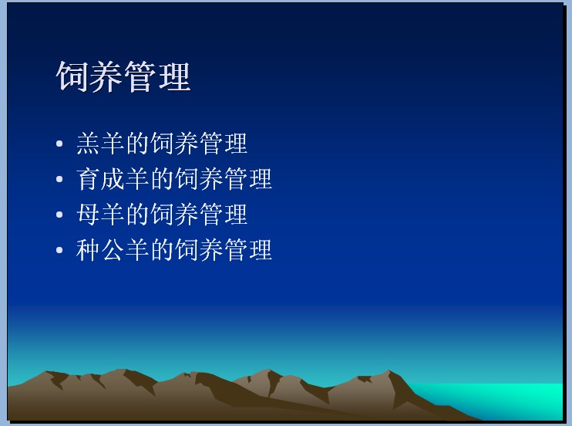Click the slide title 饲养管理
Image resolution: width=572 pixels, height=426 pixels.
(x=123, y=76)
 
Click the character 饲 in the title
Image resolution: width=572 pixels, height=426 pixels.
(x=72, y=76)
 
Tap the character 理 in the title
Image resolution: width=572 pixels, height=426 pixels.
(x=175, y=76)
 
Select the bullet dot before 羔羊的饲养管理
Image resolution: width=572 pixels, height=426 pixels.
(x=59, y=144)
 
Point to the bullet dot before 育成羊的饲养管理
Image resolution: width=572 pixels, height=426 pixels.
(x=59, y=179)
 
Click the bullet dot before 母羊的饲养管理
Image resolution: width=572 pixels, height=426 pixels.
(x=59, y=215)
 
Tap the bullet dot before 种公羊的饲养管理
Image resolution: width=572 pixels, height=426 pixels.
(x=59, y=250)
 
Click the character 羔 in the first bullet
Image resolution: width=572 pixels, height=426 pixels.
(x=88, y=144)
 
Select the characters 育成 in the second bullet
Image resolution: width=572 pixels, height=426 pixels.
(x=101, y=179)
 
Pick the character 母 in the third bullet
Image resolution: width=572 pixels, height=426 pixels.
(x=88, y=215)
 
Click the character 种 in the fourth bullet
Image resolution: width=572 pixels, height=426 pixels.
(x=88, y=250)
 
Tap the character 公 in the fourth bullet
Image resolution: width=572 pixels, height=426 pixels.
(x=113, y=250)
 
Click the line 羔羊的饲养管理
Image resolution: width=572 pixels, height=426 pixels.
(x=162, y=144)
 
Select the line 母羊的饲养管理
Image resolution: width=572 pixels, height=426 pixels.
(x=162, y=215)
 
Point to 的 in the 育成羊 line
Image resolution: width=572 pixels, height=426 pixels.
(x=163, y=179)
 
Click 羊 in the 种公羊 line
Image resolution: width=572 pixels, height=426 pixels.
(x=137, y=250)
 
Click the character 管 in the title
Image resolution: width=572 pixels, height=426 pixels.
(x=140, y=76)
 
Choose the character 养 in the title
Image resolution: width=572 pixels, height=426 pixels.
(x=106, y=76)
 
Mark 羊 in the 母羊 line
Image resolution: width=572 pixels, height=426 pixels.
(x=113, y=215)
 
